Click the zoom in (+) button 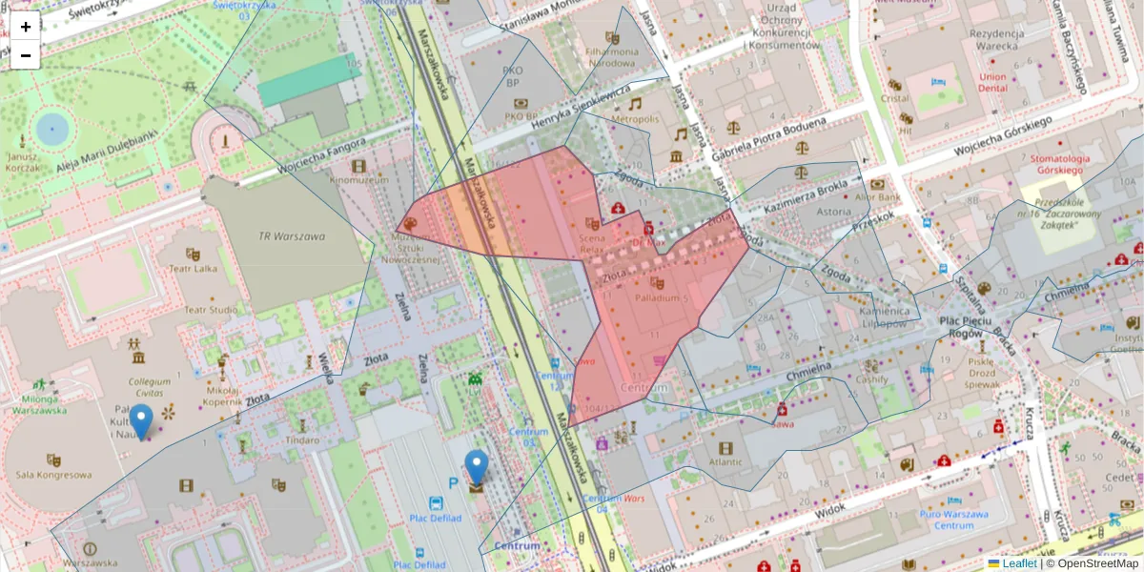[26, 27]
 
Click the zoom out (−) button [26, 55]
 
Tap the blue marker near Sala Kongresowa [141, 421]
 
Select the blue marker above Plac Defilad [476, 468]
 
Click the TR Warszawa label [292, 236]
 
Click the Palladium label [658, 298]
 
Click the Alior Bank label [877, 197]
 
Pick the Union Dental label [992, 82]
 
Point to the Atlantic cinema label [725, 463]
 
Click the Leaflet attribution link [1019, 563]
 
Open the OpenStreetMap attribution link [1097, 563]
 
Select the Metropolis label [635, 119]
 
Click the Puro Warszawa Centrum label [953, 520]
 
